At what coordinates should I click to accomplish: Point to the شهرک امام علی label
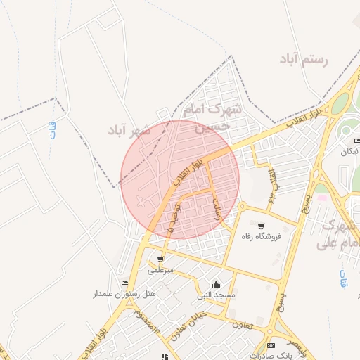[338, 235]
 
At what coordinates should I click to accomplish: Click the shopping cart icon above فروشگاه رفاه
[261, 226]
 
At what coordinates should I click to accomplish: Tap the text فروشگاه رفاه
[261, 237]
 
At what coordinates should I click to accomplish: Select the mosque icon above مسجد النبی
[216, 285]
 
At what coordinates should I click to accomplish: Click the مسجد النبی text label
[216, 295]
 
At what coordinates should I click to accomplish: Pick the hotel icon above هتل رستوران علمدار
[124, 283]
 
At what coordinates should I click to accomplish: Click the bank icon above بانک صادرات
[271, 345]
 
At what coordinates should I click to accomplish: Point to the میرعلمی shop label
[160, 269]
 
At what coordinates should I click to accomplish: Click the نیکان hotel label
[349, 152]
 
